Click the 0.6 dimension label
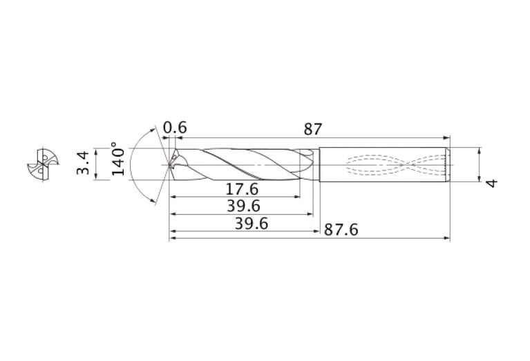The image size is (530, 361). [175, 128]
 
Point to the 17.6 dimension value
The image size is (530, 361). [241, 188]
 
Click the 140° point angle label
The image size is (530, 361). [119, 160]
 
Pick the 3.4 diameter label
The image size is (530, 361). [84, 164]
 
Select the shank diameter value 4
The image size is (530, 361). [491, 182]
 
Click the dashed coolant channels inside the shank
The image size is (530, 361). [394, 165]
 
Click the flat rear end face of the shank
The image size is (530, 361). [449, 165]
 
